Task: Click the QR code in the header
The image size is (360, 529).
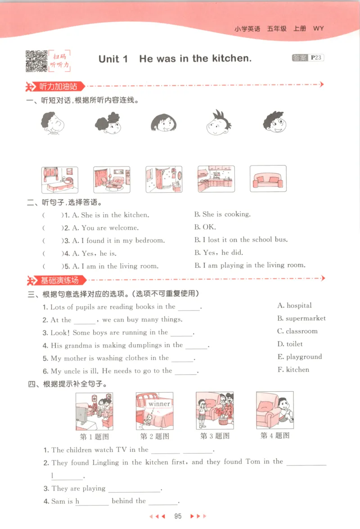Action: click(36, 61)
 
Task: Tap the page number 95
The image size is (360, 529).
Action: click(178, 516)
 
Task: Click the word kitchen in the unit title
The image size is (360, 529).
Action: click(231, 59)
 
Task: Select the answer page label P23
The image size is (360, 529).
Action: click(316, 58)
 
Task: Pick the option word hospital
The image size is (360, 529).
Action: click(299, 306)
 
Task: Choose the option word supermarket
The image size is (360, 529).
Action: click(306, 318)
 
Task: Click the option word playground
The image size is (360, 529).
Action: click(304, 357)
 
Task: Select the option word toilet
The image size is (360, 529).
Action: click(295, 344)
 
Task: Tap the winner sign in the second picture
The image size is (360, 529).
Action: click(159, 403)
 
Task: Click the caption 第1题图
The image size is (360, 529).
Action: click(94, 436)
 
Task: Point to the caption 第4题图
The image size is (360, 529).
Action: click(275, 435)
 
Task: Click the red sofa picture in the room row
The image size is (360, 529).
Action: click(268, 179)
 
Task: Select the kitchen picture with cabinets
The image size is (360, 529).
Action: click(216, 179)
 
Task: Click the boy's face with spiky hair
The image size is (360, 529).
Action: click(218, 122)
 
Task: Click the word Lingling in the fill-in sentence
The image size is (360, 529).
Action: click(106, 462)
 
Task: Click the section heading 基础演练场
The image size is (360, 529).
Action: click(59, 280)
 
